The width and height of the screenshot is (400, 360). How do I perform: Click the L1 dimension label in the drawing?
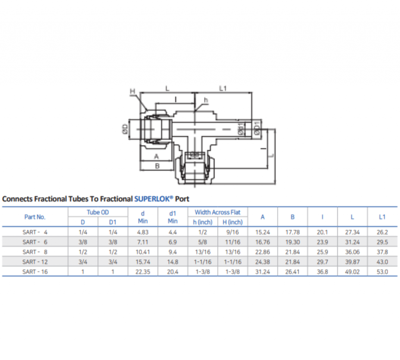click(223, 89)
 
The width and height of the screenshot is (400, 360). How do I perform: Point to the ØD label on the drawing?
click(125, 129)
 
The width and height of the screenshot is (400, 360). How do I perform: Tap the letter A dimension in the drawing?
click(157, 156)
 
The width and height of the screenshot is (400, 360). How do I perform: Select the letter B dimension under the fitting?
click(157, 166)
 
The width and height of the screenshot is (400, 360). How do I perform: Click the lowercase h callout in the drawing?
click(206, 100)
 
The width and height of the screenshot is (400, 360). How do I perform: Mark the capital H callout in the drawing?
click(132, 91)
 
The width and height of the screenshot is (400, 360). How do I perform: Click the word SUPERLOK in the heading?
click(153, 199)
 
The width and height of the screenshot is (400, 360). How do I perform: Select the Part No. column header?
click(35, 217)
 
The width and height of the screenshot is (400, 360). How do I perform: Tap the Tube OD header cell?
click(98, 212)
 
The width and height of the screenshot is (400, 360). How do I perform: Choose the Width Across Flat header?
click(218, 212)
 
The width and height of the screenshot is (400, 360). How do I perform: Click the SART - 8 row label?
click(35, 252)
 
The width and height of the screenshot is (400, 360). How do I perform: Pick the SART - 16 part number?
click(35, 271)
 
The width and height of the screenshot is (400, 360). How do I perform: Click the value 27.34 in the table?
click(352, 232)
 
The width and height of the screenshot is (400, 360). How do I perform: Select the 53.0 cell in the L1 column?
click(382, 271)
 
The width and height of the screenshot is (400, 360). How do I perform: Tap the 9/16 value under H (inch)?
click(232, 232)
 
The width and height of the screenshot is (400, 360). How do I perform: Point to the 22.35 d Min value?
click(143, 271)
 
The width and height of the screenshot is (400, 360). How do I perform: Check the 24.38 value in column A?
click(262, 262)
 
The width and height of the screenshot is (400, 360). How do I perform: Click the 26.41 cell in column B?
click(293, 271)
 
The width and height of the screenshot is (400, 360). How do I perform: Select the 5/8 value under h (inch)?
click(202, 242)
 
